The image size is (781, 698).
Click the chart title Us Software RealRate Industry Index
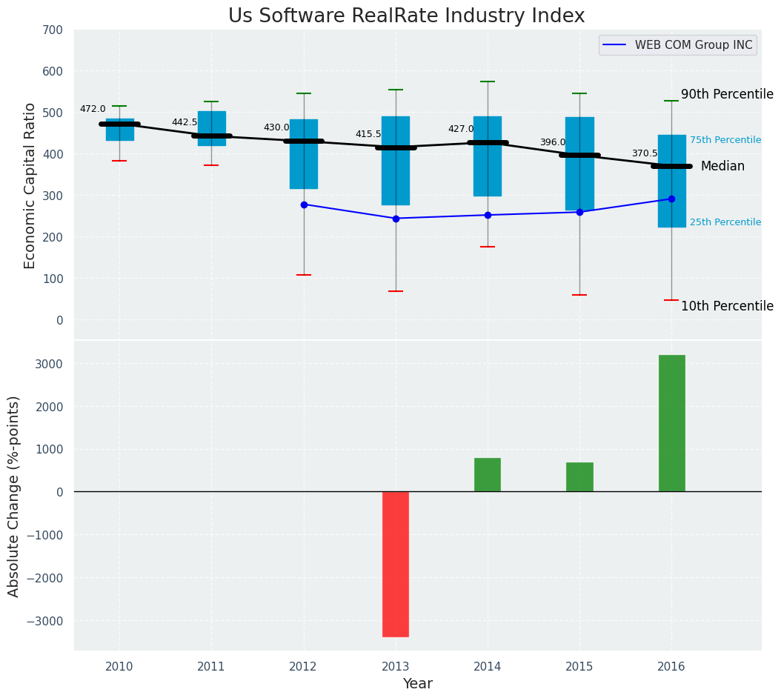(406, 16)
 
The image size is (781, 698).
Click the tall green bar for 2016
(671, 422)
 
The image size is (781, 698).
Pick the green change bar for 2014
(488, 475)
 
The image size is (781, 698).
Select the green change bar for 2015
(579, 477)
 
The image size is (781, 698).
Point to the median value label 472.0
(93, 109)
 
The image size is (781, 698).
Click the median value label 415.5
(368, 134)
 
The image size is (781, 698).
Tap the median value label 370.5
(645, 153)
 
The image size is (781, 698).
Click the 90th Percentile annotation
(727, 94)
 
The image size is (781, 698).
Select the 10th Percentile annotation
(727, 306)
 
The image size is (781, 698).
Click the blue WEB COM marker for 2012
(304, 205)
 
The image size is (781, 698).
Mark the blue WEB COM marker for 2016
(671, 199)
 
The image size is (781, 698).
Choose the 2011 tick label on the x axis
(211, 667)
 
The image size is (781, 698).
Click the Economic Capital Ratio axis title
(30, 186)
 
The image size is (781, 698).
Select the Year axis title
(417, 684)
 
